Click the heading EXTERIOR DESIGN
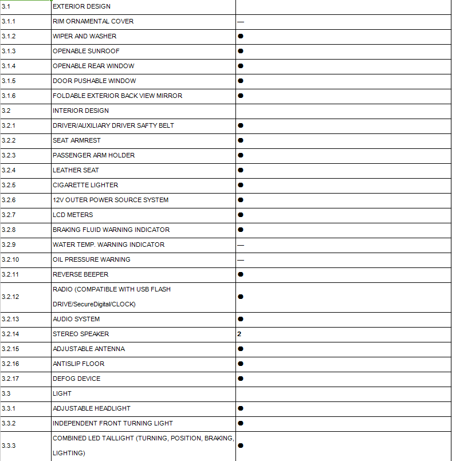[81, 6]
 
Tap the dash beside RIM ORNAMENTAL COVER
[241, 22]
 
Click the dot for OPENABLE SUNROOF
[241, 51]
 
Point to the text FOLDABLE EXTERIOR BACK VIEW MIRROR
[117, 96]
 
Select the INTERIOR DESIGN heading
[80, 111]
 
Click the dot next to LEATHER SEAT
[241, 170]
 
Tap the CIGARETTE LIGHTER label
[85, 185]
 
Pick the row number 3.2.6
[9, 200]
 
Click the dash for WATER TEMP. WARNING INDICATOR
[241, 245]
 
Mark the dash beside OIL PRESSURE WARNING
[241, 260]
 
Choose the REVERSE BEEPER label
[80, 274]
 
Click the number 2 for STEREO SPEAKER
[239, 334]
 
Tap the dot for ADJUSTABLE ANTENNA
[241, 349]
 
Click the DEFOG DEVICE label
[76, 379]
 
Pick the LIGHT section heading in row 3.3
[62, 393]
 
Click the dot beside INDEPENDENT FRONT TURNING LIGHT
[241, 423]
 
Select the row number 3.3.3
[9, 446]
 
